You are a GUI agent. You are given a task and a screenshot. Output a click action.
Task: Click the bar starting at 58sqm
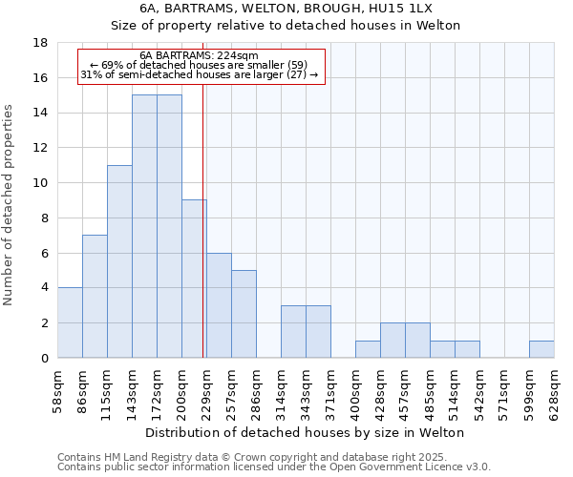point(70,322)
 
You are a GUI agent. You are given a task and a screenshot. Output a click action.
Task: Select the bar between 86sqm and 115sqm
point(95,296)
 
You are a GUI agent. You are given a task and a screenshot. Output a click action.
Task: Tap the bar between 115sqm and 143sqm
point(119,261)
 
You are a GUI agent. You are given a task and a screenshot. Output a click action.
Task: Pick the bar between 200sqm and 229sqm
point(194,279)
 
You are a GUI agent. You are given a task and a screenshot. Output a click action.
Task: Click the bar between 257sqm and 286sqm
point(244,314)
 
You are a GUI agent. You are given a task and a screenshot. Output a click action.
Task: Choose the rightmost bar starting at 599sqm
point(541,349)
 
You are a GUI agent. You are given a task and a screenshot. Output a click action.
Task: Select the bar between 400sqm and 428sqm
point(368,349)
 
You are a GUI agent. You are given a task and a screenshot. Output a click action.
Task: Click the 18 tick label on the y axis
point(40,43)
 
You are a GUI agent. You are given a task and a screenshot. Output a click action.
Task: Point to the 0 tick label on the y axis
point(44,358)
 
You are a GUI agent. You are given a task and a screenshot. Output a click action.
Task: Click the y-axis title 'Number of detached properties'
point(10,205)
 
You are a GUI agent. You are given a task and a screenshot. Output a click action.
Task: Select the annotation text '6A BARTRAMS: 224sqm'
point(199,56)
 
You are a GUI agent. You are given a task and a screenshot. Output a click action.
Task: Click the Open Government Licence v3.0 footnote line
point(274,467)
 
